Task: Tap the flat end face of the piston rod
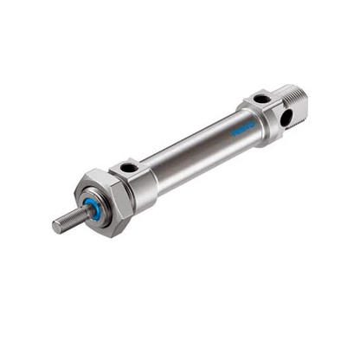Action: pyautogui.click(x=56, y=228)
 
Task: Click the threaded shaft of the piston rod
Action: pyautogui.click(x=67, y=222)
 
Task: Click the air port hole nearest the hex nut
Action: pyautogui.click(x=129, y=166)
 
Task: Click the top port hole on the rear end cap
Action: pyautogui.click(x=260, y=98)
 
